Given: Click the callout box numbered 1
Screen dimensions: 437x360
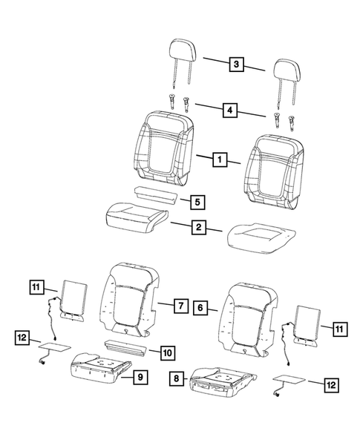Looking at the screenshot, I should [218, 159].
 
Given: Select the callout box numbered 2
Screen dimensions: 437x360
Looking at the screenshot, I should [198, 228].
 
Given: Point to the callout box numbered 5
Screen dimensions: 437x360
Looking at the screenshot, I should [195, 201].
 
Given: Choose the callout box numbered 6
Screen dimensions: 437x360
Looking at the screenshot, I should [200, 305].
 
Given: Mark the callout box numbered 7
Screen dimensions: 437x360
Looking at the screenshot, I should [179, 305].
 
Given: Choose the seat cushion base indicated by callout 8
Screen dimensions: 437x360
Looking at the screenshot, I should [220, 378].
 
